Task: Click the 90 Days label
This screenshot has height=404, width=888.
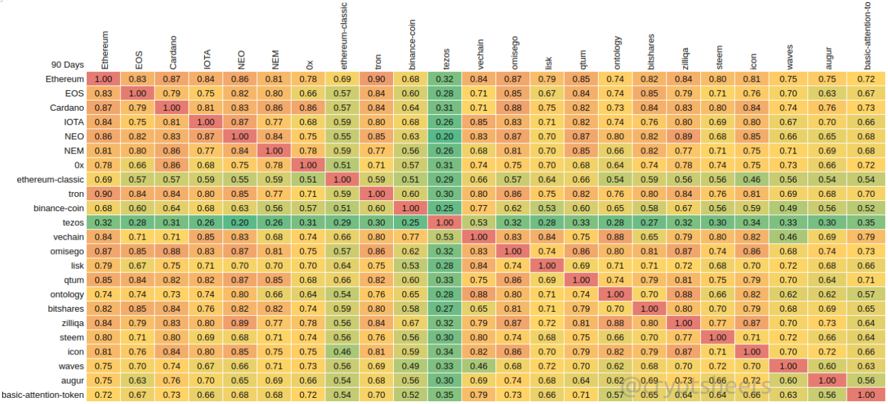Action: pyautogui.click(x=67, y=65)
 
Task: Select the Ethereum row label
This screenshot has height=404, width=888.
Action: pyautogui.click(x=65, y=79)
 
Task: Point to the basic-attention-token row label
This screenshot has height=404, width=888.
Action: pyautogui.click(x=43, y=394)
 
